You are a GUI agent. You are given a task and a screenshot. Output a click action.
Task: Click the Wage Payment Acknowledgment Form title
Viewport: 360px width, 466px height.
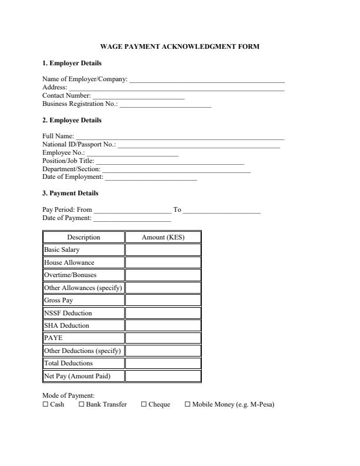(180, 46)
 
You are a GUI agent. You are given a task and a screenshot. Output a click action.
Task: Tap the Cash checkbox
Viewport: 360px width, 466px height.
(45, 405)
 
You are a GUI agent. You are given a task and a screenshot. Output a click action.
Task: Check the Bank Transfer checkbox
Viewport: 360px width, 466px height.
(81, 405)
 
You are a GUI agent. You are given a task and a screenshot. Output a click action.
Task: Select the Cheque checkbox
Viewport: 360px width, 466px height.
(144, 405)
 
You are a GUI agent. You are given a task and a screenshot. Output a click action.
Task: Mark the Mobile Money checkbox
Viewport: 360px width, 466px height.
(188, 405)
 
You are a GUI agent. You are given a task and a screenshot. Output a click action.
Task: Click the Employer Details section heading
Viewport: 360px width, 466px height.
(72, 64)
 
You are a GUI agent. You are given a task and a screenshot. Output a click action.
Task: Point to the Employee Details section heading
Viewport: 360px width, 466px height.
(72, 121)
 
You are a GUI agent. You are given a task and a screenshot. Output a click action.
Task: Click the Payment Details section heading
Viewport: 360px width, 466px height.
(71, 194)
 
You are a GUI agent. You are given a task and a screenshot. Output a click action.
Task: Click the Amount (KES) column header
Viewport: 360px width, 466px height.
(163, 238)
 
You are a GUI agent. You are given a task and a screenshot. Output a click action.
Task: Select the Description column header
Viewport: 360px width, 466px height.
(84, 238)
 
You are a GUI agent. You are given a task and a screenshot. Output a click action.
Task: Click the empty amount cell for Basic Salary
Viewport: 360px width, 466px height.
(163, 250)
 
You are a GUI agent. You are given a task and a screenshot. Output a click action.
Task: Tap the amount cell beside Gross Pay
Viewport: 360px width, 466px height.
(163, 301)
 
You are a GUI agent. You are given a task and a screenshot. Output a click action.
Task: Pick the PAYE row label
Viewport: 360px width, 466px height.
(54, 338)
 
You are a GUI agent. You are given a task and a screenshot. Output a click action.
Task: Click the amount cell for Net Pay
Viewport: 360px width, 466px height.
(163, 376)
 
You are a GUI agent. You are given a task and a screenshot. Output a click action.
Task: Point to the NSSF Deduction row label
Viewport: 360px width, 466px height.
(68, 313)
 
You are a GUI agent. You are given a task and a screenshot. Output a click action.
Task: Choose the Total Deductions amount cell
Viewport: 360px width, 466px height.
(163, 364)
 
